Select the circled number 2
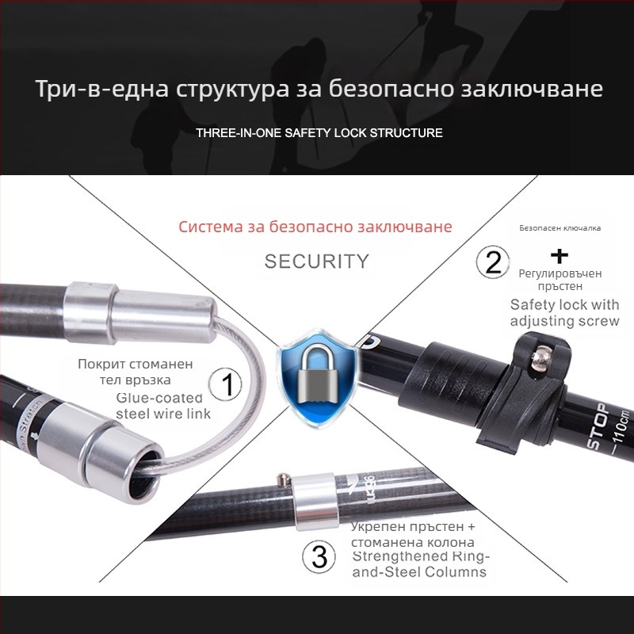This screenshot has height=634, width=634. click(x=493, y=262)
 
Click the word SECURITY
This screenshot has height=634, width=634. click(x=317, y=262)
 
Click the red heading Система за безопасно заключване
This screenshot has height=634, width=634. click(x=315, y=227)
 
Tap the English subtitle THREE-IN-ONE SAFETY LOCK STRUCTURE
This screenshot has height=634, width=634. click(x=319, y=132)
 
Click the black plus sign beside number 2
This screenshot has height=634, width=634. click(x=560, y=255)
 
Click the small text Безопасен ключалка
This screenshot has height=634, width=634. click(x=560, y=227)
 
